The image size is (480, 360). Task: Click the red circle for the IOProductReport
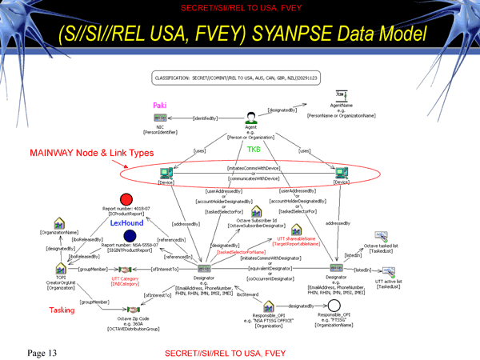pos(125,199)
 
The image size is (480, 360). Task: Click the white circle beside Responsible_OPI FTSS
pos(334,306)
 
